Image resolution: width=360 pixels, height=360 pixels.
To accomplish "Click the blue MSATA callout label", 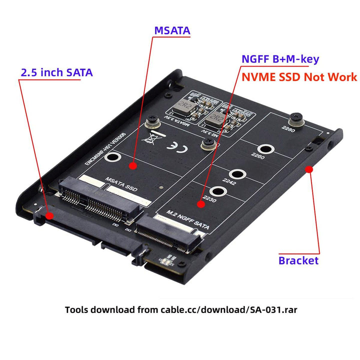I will (172, 30).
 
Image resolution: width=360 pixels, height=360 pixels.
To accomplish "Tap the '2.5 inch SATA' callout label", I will (56, 72).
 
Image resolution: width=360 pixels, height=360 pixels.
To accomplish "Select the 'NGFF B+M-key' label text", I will (280, 59).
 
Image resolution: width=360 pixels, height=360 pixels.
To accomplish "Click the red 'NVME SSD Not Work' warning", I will (299, 77).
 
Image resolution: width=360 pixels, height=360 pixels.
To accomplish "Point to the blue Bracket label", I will (298, 260).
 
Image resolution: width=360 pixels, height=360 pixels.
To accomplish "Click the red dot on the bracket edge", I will (309, 170).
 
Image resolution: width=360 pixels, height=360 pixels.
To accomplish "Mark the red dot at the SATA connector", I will (49, 216).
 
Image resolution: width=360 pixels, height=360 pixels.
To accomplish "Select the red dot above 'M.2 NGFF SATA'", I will (201, 203).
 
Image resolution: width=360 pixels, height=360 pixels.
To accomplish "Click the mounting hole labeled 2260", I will (264, 149).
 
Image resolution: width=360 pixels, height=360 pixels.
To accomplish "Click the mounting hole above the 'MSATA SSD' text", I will (113, 159).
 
